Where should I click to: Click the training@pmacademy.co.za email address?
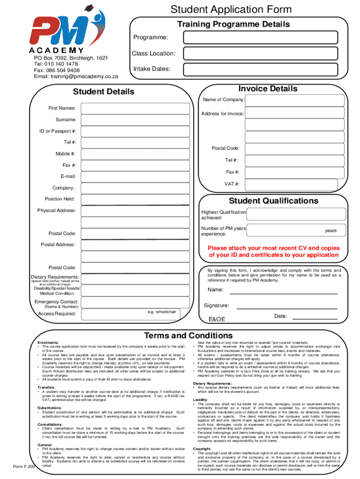pyautogui.click(x=84, y=76)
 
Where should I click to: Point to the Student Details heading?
pyautogui.click(x=104, y=92)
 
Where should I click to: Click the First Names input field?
pyautogui.click(x=136, y=109)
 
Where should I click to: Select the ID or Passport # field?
pyautogui.click(x=136, y=131)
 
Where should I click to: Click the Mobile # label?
pyautogui.click(x=66, y=154)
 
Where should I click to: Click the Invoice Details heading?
pyautogui.click(x=267, y=89)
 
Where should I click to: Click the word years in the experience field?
pyautogui.click(x=331, y=231)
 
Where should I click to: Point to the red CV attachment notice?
pyautogui.click(x=274, y=252)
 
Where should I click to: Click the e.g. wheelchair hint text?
pyautogui.click(x=163, y=312)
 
